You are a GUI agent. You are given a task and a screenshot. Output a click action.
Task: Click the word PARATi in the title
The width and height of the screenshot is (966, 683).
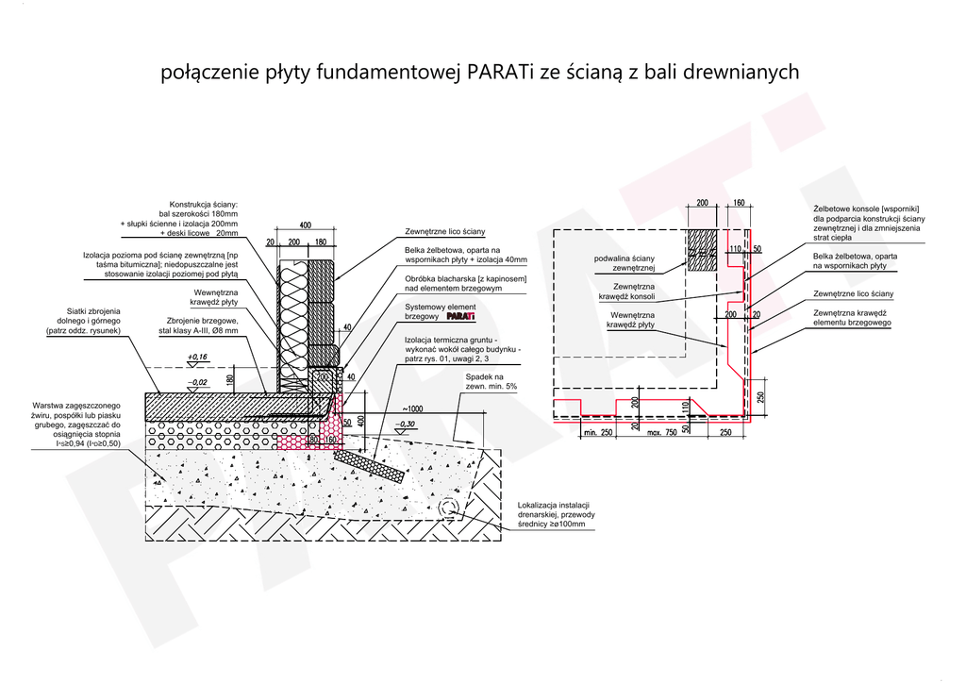pos(500,73)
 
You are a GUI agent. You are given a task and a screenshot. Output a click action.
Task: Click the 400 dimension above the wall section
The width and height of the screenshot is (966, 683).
pos(305,225)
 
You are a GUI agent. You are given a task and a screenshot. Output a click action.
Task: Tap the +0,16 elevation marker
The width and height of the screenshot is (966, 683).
pos(197,357)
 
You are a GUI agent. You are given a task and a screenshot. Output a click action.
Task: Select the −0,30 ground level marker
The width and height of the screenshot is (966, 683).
pos(408,424)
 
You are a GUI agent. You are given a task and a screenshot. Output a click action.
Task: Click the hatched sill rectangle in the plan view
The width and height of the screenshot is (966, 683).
pos(705,250)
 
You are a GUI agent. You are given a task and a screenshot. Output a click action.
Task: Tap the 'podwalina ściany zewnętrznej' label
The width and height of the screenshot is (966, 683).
pos(624,263)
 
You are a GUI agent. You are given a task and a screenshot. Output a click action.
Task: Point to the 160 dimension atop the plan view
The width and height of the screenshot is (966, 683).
pos(739,203)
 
